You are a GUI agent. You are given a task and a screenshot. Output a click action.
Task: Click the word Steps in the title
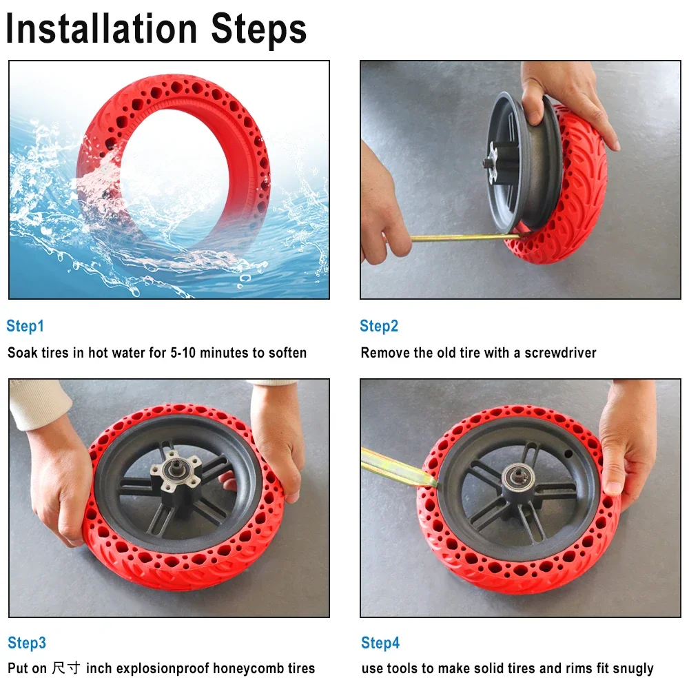tap(258, 29)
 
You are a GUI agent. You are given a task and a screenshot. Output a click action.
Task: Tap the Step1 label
tap(25, 326)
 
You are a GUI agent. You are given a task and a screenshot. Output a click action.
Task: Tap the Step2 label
tap(379, 326)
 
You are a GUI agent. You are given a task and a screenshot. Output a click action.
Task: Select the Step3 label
tap(27, 644)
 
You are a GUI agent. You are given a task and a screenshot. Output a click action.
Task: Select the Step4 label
tap(380, 644)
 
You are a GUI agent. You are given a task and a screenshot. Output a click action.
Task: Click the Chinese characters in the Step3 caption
tap(68, 668)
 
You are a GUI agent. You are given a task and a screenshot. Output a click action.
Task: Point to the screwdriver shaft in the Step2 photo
tap(462, 238)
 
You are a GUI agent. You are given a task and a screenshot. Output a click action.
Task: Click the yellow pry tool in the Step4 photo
tap(393, 465)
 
